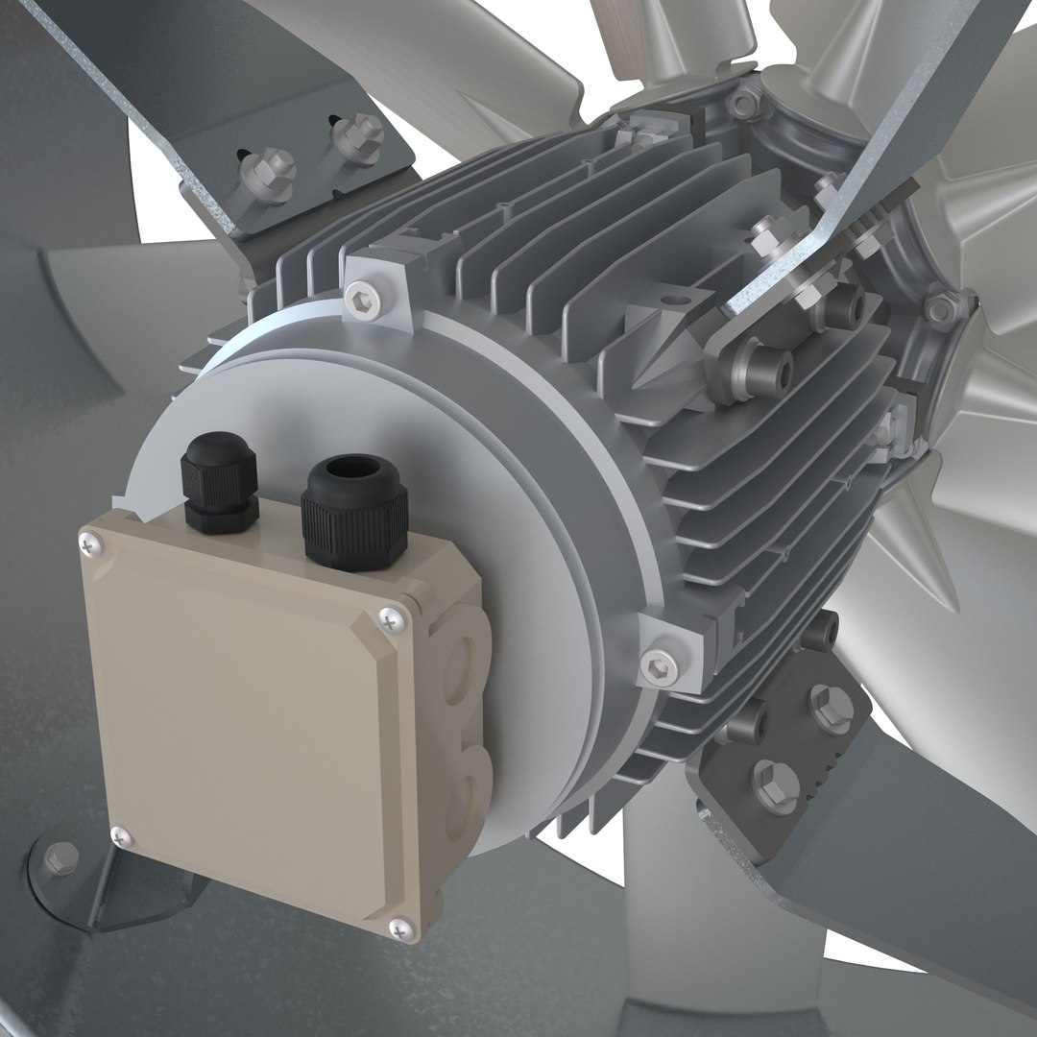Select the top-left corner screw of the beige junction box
click(89, 544)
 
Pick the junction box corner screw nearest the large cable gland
click(387, 621)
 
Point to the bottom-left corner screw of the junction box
click(119, 835)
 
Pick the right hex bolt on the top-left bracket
click(366, 131)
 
